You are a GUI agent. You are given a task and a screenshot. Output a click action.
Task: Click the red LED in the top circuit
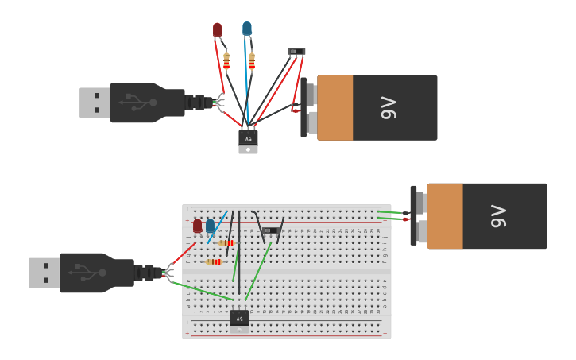(217, 29)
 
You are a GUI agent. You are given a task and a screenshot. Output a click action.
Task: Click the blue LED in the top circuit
(247, 29)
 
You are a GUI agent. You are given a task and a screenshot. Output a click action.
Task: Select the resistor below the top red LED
(226, 61)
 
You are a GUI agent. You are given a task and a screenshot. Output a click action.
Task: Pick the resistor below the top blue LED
(252, 61)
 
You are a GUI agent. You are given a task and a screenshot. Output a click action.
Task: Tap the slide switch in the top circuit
(296, 52)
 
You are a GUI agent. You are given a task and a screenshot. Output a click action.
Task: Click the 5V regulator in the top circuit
(248, 138)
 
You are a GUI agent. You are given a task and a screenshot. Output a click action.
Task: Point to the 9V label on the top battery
(388, 107)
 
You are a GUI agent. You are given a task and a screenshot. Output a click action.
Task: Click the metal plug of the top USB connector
(95, 103)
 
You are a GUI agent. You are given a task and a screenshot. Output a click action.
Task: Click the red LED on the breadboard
(197, 226)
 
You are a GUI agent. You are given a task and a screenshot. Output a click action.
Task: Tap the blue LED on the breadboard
(210, 226)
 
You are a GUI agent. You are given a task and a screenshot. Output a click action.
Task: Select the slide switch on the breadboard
(270, 230)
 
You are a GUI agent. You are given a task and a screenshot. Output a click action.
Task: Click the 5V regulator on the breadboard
(239, 318)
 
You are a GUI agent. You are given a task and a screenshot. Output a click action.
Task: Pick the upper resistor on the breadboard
(226, 243)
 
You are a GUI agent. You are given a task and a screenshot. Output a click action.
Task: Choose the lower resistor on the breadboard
(214, 261)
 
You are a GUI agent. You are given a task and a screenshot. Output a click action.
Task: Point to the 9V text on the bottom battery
(497, 215)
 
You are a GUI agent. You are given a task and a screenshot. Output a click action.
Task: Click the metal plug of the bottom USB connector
(44, 273)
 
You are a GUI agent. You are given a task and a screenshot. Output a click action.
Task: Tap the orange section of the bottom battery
(445, 216)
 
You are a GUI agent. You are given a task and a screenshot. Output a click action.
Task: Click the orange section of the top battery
(335, 108)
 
